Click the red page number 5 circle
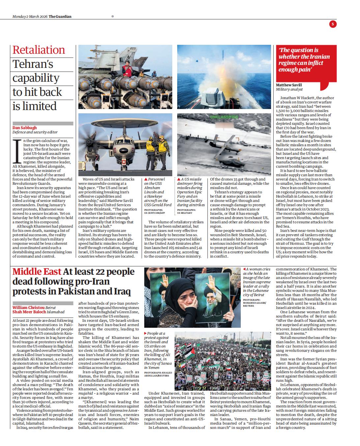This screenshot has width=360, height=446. pos(333,24)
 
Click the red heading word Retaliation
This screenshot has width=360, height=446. pos(39,50)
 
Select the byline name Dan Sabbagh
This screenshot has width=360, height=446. pos(25,127)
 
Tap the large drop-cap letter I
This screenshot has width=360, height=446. pos(15,151)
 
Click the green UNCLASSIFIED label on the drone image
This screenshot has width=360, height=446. pos(224,117)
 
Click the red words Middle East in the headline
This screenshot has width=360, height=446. pos(37,272)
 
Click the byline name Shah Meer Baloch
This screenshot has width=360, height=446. pos(29,312)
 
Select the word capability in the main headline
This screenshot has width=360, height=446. pos(36,78)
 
